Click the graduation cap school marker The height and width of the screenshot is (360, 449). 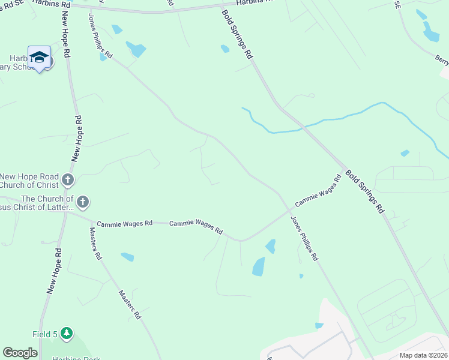[x=39, y=58]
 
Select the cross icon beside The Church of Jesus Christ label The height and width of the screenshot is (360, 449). [x=83, y=202]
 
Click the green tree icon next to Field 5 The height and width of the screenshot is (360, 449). [x=66, y=333]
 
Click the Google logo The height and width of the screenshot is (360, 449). [x=20, y=353]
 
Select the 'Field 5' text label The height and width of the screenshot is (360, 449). [x=44, y=334]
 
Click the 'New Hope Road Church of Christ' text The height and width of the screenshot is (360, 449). [x=30, y=181]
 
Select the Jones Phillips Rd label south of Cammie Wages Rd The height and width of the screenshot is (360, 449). [x=304, y=238]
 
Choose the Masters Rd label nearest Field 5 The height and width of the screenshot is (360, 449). [x=130, y=305]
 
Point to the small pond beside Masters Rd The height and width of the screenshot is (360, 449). [x=127, y=257]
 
